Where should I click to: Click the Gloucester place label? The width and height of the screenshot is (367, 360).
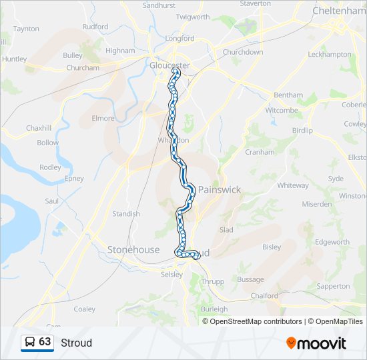pyautogui.click(x=169, y=65)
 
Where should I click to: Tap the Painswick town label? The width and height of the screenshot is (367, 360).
pyautogui.click(x=220, y=189)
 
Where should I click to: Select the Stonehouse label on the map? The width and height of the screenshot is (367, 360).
pyautogui.click(x=133, y=249)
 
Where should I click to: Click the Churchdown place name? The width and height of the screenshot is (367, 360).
pyautogui.click(x=243, y=52)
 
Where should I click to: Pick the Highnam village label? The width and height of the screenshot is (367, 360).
pyautogui.click(x=120, y=50)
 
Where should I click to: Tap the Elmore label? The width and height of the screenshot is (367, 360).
pyautogui.click(x=103, y=118)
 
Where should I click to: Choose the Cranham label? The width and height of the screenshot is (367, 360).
pyautogui.click(x=260, y=151)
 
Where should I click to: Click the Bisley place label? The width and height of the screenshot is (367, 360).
pyautogui.click(x=272, y=247)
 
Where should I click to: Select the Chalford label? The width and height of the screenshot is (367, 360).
pyautogui.click(x=264, y=295)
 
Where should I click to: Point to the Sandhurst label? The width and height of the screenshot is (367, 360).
pyautogui.click(x=159, y=5)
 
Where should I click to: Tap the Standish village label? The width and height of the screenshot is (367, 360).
pyautogui.click(x=126, y=214)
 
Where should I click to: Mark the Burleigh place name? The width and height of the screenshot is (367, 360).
pyautogui.click(x=214, y=309)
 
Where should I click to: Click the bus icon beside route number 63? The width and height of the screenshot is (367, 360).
pyautogui.click(x=30, y=342)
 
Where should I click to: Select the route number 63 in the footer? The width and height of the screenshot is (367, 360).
pyautogui.click(x=45, y=341)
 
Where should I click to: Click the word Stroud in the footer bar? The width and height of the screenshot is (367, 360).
pyautogui.click(x=76, y=343)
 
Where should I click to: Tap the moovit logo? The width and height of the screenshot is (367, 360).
pyautogui.click(x=316, y=343)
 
